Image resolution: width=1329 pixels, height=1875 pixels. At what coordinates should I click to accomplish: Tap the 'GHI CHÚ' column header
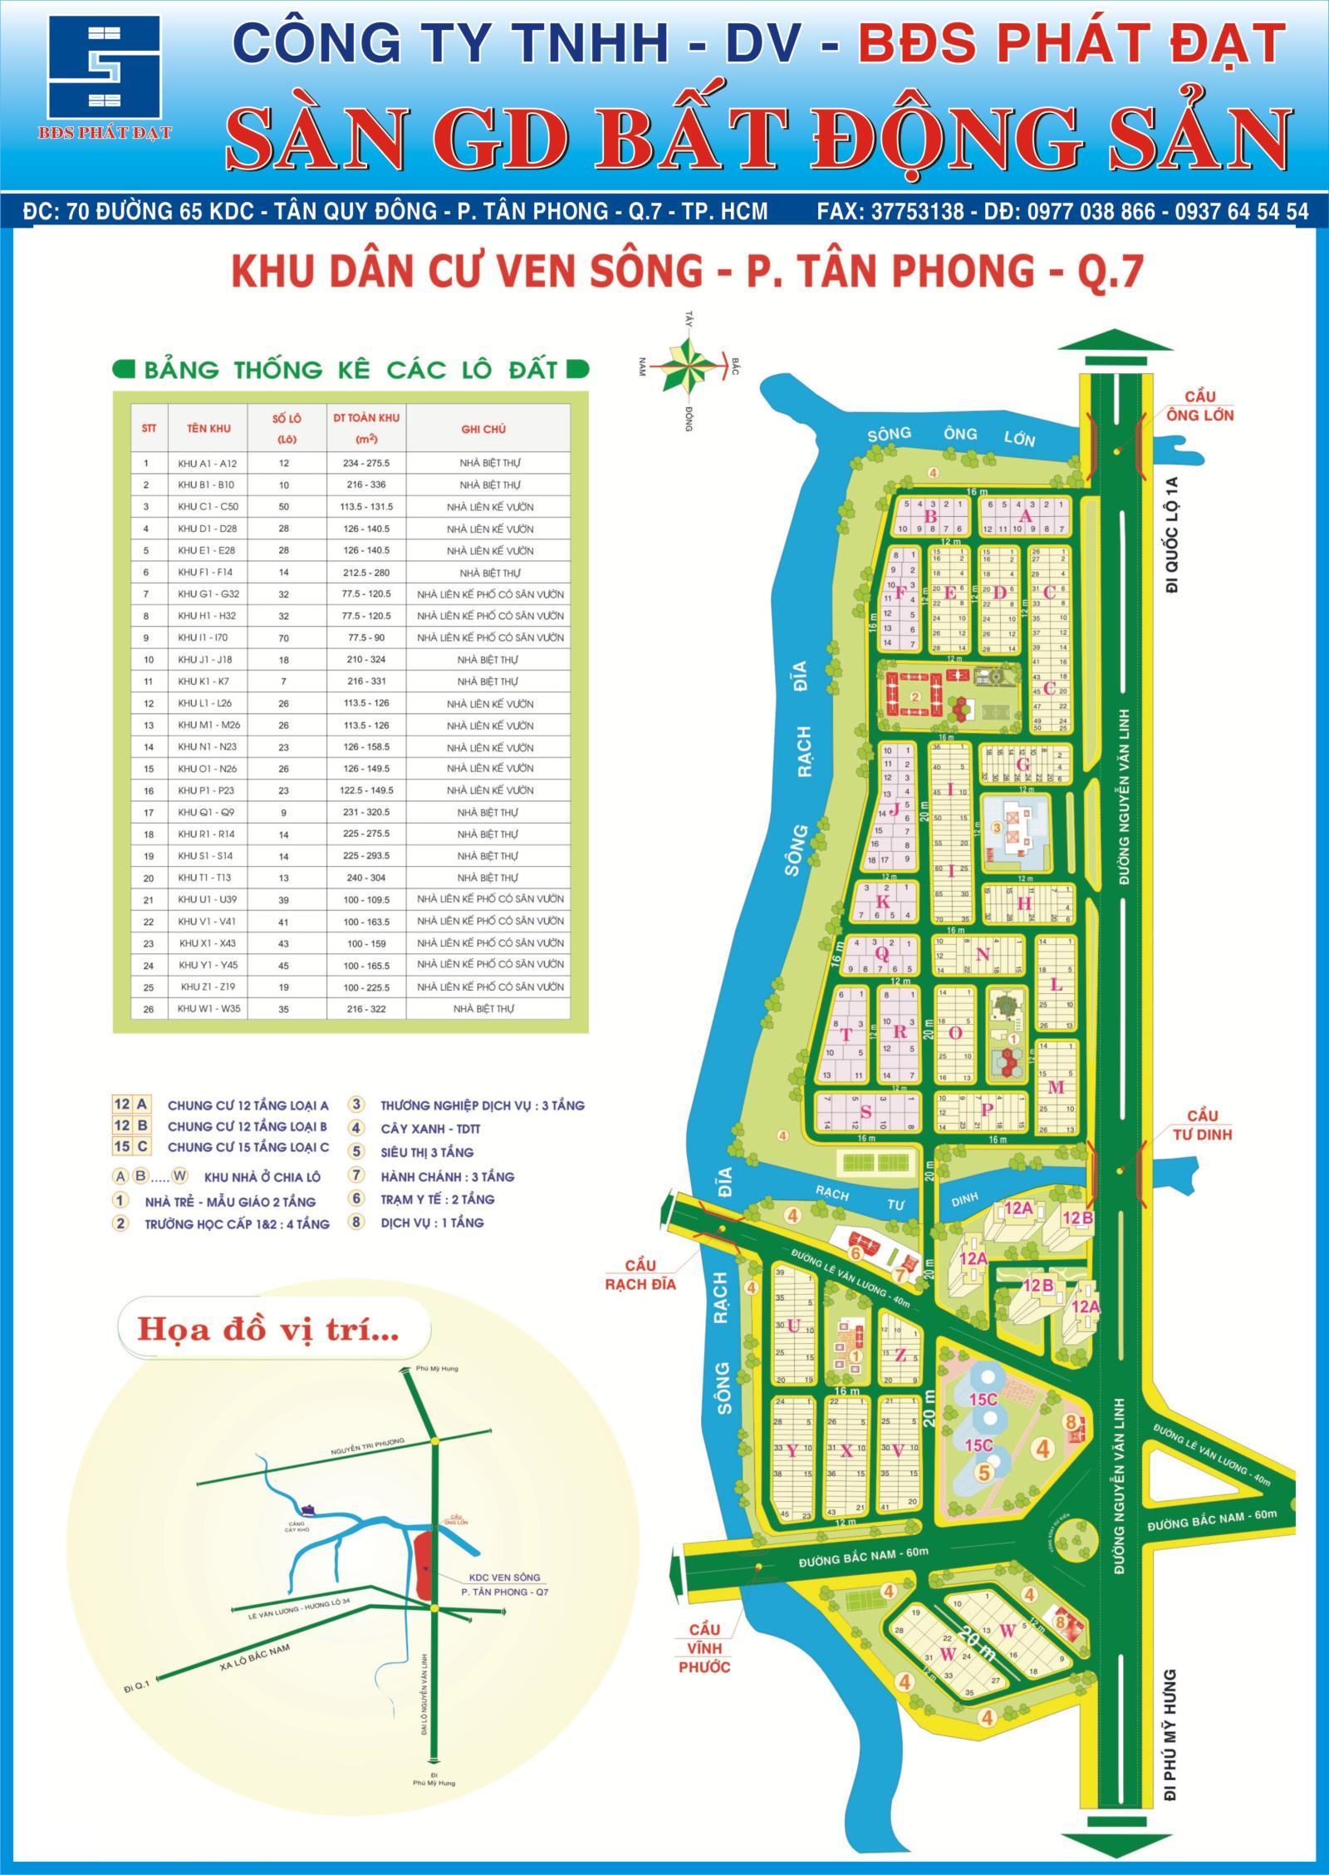click(x=483, y=429)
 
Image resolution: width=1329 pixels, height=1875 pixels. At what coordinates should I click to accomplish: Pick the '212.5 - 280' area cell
click(x=366, y=573)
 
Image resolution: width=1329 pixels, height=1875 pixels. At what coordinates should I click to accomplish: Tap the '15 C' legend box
click(x=131, y=1147)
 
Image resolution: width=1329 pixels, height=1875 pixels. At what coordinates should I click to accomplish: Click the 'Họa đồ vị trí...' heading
click(x=267, y=1330)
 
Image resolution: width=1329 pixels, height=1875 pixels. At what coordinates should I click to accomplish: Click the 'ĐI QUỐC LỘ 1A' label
click(x=1173, y=544)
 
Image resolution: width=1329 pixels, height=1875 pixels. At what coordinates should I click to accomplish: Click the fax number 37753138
click(x=918, y=212)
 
